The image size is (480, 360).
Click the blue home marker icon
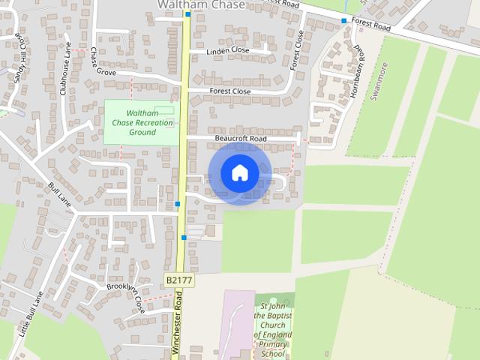click(239, 173)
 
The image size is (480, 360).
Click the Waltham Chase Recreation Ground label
click(142, 122)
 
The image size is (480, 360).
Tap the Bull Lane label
click(58, 195)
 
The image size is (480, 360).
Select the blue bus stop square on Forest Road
click(344, 20)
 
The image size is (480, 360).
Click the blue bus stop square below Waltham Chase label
click(187, 14)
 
